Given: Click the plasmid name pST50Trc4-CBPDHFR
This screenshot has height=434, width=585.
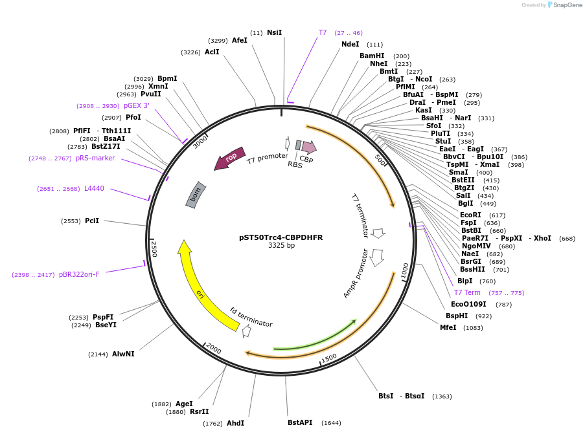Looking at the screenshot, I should [281, 237].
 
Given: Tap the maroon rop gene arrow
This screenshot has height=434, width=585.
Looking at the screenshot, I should [230, 158].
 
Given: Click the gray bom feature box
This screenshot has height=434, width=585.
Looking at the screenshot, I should [196, 195].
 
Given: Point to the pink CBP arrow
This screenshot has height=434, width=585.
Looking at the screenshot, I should [308, 148].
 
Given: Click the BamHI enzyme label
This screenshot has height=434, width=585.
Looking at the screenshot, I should [372, 56].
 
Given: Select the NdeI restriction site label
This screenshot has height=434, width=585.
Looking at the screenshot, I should [350, 45].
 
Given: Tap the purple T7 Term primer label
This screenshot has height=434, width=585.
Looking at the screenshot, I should [467, 293].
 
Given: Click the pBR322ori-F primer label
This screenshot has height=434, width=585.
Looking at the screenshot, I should [79, 275].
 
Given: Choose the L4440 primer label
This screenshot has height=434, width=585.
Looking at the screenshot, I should [94, 189].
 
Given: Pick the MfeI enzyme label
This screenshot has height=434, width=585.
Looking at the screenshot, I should [448, 327].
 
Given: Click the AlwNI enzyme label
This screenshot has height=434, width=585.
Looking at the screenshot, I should [123, 354].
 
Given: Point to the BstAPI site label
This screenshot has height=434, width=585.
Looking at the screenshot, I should [300, 423].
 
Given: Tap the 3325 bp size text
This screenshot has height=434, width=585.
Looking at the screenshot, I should [281, 246].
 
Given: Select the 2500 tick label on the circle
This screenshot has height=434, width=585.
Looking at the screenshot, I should [154, 248].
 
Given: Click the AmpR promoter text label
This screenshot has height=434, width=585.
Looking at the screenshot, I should [356, 274].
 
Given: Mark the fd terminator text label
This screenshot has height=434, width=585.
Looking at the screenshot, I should [251, 318].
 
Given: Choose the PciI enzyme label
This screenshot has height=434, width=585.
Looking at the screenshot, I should [92, 221].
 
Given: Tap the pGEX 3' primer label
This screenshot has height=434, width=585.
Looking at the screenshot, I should [137, 106].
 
